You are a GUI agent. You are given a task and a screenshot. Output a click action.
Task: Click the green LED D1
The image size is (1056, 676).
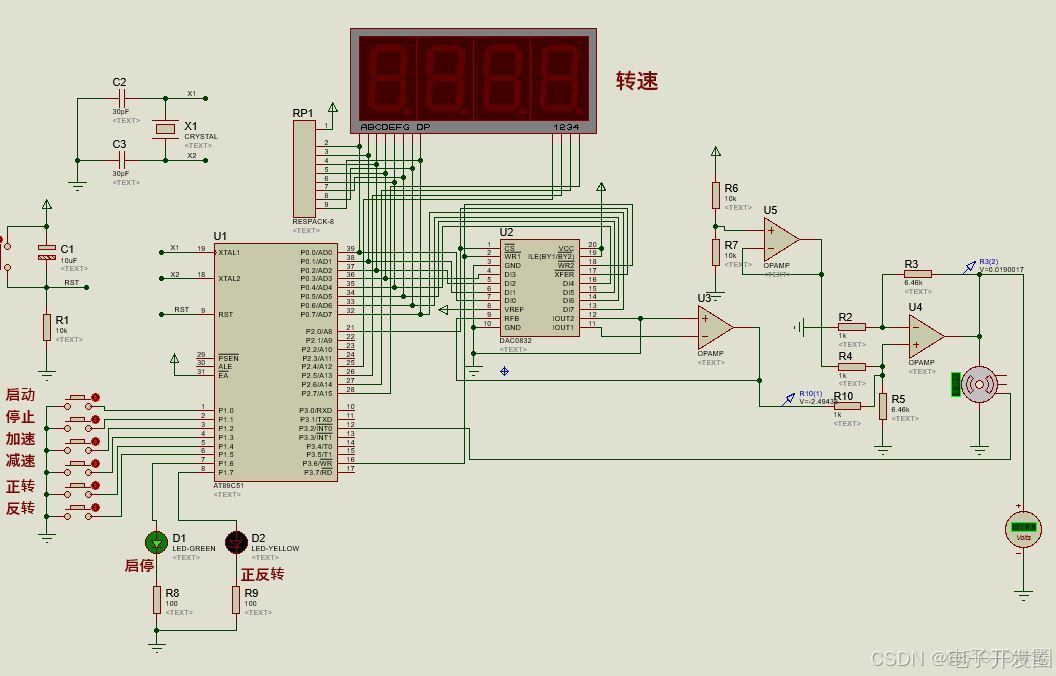(x=156, y=542)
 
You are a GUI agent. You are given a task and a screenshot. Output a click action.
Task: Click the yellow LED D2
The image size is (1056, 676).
(x=236, y=542)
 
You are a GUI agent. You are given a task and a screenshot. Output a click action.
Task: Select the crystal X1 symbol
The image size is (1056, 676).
(x=164, y=129)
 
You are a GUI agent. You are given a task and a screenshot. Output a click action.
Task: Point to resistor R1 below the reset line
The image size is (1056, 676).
(x=46, y=327)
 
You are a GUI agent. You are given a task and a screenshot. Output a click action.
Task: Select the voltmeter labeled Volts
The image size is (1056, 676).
(x=1023, y=529)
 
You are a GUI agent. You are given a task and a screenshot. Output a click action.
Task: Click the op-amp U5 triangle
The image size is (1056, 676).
(x=779, y=238)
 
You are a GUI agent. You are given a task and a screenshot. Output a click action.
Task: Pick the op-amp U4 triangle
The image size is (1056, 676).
(x=925, y=335)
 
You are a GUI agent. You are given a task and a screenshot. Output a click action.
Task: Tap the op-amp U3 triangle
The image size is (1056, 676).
(x=714, y=326)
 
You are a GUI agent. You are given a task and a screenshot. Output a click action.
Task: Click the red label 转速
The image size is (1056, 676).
(x=636, y=82)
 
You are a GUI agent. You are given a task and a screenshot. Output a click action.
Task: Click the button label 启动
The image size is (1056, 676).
(x=21, y=395)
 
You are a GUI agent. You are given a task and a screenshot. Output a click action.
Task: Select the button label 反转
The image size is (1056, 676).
(x=21, y=508)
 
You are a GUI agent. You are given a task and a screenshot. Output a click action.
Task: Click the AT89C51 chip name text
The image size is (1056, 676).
(x=228, y=486)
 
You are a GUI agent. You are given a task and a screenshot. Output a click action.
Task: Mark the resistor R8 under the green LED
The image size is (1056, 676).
(x=156, y=599)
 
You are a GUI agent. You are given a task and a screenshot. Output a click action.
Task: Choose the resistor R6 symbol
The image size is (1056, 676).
(x=716, y=194)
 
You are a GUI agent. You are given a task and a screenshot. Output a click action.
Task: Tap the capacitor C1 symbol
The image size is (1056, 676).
(x=46, y=252)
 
